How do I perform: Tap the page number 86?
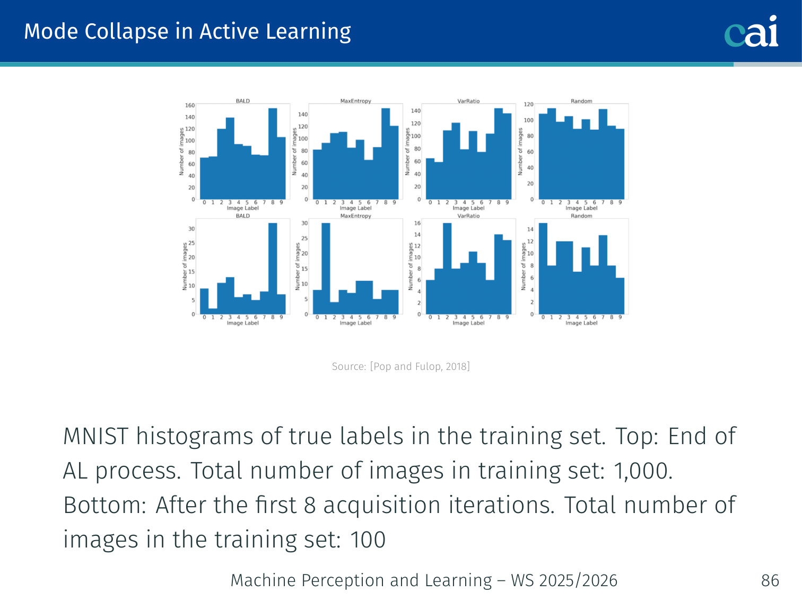(x=770, y=580)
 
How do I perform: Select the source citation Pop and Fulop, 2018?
(x=420, y=366)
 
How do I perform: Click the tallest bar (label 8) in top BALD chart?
(x=273, y=154)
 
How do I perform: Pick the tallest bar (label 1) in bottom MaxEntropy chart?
(x=326, y=269)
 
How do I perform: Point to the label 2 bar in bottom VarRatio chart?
(x=447, y=269)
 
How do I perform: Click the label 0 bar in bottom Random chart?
(x=543, y=269)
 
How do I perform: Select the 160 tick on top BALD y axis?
(x=190, y=105)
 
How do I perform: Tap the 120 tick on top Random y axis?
(x=529, y=104)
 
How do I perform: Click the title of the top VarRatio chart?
(x=468, y=101)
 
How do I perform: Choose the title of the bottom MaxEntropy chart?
(x=355, y=216)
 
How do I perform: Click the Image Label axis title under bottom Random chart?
(x=581, y=323)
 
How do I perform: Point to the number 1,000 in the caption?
(x=643, y=471)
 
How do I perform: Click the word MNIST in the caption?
(x=95, y=436)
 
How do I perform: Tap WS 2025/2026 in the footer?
(x=564, y=580)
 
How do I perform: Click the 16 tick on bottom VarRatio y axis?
(x=417, y=223)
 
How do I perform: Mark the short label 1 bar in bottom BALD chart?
(x=213, y=311)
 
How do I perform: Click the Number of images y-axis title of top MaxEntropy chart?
(x=294, y=152)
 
